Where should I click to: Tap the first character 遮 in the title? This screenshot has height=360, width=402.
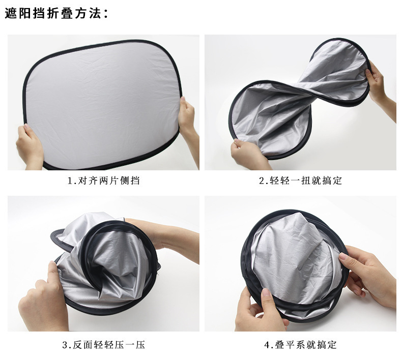pos(11,13)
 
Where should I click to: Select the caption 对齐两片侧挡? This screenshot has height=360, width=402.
pos(109,181)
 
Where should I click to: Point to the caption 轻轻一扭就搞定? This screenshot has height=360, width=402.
pos(306,181)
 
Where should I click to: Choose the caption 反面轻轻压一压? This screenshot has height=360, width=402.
pos(109,345)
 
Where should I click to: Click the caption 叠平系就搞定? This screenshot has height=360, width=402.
pos(306,345)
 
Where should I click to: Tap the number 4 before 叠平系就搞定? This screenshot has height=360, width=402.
pos(267,345)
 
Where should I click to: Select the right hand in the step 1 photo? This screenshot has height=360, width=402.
pos(189,121)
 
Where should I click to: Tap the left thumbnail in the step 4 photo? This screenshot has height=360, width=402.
pos(266,292)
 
